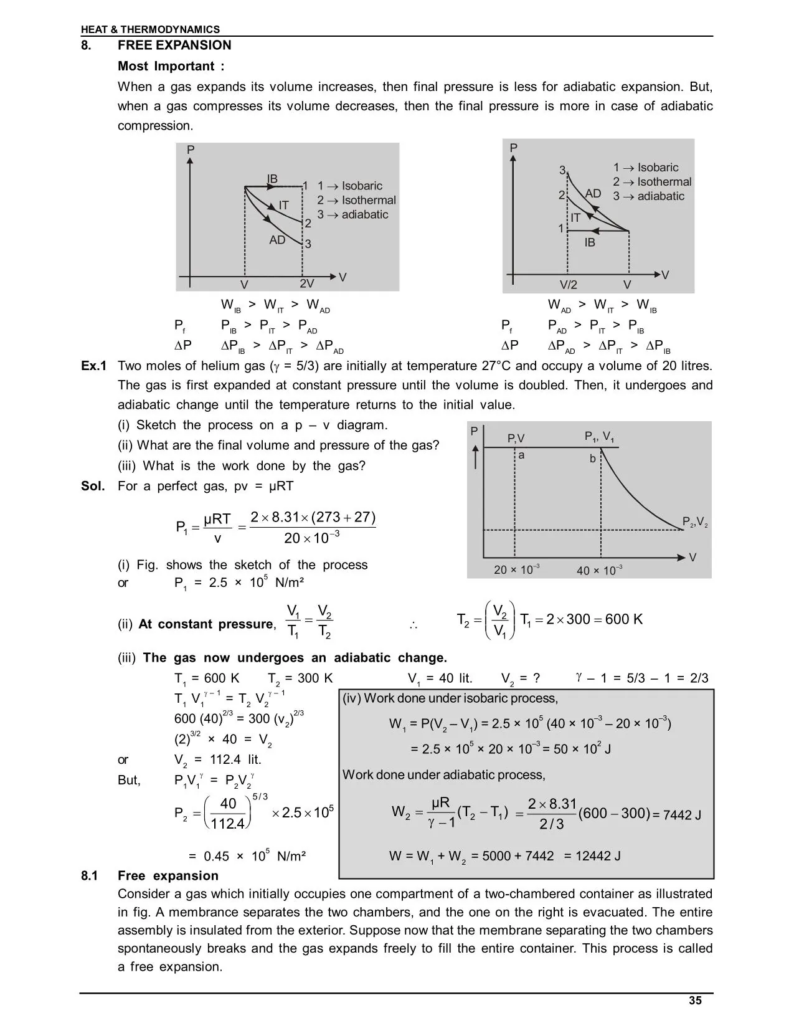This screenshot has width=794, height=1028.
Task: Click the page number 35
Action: (x=695, y=1000)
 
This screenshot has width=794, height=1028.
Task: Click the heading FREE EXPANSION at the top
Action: (x=174, y=45)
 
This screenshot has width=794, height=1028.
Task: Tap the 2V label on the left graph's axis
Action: (x=306, y=283)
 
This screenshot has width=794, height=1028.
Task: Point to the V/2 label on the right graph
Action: (x=568, y=285)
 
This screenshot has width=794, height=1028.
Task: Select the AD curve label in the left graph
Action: (x=277, y=240)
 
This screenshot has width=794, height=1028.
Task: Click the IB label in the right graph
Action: (x=590, y=242)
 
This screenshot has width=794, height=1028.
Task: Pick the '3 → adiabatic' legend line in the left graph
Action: (x=352, y=215)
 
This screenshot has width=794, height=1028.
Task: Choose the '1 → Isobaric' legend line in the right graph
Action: (x=646, y=168)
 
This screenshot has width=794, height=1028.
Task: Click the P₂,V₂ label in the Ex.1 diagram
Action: (x=695, y=522)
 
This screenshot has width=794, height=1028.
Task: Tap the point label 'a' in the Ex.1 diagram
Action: (x=521, y=455)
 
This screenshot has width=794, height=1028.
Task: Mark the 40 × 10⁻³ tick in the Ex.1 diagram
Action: (x=600, y=570)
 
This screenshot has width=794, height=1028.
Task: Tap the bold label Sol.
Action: (x=93, y=486)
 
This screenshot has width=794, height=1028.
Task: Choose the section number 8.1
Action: (x=90, y=876)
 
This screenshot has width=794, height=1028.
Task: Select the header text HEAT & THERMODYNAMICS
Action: (x=150, y=29)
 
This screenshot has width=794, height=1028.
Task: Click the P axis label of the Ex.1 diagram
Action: (x=475, y=431)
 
